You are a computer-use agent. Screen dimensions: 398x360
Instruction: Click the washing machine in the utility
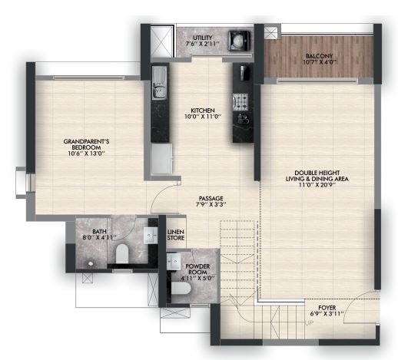coord(239,41)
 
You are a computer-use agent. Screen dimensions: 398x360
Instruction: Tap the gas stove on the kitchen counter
coord(240,101)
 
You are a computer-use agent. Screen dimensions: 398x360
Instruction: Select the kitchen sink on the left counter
coord(159,83)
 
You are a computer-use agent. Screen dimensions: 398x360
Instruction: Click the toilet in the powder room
coord(181,289)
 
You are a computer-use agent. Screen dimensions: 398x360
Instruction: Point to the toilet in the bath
coord(122,253)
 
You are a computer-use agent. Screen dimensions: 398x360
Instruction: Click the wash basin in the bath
coord(151,235)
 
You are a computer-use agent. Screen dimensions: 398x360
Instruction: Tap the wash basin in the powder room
coord(174,262)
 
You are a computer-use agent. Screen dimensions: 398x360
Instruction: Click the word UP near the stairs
coord(310,323)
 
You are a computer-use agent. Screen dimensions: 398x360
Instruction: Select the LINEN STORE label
coord(176,235)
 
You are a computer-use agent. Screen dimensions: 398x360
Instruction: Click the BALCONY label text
coord(319,56)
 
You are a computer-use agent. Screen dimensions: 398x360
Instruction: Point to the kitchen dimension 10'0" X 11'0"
coord(203,117)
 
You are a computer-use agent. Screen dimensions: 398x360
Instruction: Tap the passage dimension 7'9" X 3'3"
coord(211,204)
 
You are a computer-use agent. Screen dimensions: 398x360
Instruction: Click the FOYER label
coord(327,308)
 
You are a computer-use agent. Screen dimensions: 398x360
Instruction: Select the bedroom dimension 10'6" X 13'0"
coord(86,154)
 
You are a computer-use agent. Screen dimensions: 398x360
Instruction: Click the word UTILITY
coord(202,38)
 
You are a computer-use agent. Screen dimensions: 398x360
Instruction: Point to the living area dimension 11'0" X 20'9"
coord(317,185)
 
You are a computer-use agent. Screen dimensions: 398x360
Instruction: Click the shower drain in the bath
coord(90,263)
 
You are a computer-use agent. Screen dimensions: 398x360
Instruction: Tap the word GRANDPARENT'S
coord(86,141)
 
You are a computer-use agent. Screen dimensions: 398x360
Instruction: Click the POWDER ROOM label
coord(197,269)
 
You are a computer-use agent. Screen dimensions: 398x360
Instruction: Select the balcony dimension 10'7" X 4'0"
coord(319,62)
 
